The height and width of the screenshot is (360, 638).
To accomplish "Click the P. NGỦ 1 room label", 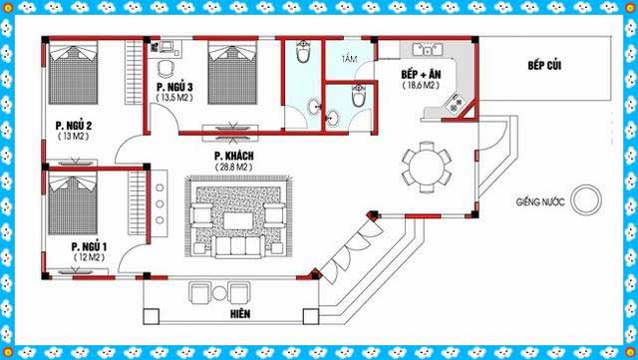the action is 89,246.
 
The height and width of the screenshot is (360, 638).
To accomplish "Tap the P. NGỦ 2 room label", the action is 74,126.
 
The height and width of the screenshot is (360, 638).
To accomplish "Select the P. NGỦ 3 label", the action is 174,87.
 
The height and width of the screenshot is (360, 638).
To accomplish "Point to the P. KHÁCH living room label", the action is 234,156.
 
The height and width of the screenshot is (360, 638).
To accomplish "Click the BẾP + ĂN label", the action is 421,74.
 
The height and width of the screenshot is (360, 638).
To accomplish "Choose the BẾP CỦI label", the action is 544,65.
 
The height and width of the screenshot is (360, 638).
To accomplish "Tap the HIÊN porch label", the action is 240,314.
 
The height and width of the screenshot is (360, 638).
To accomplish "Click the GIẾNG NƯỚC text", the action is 540,201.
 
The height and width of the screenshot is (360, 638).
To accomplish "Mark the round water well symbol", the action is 586,199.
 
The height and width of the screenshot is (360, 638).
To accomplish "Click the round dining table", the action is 427,168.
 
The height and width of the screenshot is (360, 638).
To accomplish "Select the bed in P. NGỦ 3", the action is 232,73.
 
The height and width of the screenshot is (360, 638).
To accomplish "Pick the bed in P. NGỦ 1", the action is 73,202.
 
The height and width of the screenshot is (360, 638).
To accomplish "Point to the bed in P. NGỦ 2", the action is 73,73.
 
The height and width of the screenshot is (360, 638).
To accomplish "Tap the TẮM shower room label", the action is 349,59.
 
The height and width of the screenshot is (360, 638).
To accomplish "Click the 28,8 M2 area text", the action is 233,167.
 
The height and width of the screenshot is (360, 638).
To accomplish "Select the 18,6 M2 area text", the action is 421,86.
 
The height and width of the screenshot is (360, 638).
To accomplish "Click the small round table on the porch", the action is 219,293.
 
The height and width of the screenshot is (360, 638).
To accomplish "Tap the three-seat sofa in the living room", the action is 238,246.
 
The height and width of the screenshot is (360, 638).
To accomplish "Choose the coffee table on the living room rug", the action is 238,220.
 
